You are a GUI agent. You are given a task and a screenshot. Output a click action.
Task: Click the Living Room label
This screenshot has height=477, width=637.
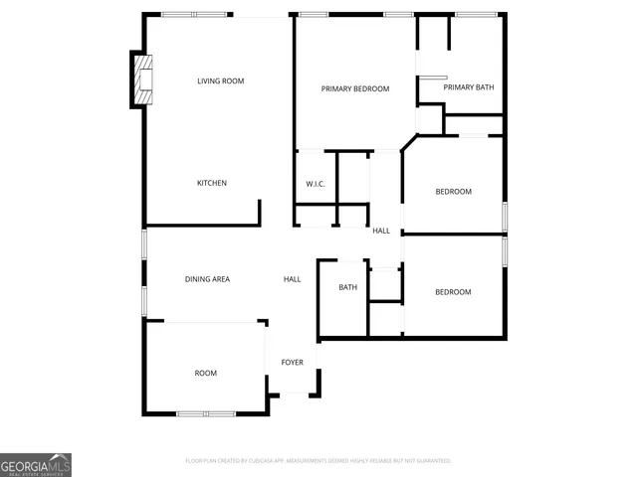[220, 81]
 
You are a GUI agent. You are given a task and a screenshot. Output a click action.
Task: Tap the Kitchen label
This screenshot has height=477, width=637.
[211, 183]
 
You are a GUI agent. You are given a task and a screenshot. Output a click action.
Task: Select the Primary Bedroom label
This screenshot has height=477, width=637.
[354, 88]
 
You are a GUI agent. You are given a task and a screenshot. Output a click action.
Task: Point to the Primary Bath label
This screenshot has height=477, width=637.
[468, 87]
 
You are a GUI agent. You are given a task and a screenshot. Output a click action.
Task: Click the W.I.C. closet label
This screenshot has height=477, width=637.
[316, 184]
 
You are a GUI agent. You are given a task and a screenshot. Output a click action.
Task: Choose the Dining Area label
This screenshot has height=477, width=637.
[207, 279]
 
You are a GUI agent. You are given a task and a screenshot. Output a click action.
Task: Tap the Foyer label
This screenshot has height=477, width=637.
[292, 363]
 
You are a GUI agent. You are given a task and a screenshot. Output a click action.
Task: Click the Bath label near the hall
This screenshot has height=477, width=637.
[347, 288]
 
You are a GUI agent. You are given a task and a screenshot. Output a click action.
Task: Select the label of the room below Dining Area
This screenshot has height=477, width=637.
[205, 374]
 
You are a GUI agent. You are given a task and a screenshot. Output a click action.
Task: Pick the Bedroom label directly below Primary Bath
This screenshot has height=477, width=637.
[453, 192]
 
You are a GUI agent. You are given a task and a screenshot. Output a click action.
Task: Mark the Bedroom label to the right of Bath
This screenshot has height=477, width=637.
[453, 292]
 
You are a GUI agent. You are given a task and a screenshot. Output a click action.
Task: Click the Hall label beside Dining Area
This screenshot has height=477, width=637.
[292, 279]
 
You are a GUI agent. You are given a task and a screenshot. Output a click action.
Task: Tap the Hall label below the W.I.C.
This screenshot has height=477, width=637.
[381, 231]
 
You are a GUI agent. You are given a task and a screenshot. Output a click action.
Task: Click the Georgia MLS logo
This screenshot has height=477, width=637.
[36, 465]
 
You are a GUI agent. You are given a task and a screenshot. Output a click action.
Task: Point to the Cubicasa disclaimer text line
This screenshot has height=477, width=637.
[318, 461]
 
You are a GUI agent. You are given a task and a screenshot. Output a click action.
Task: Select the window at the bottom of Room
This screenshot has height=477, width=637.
[206, 412]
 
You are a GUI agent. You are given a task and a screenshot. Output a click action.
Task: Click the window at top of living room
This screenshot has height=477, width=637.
[194, 15]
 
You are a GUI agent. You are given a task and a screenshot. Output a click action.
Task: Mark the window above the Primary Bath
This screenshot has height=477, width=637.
[476, 15]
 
